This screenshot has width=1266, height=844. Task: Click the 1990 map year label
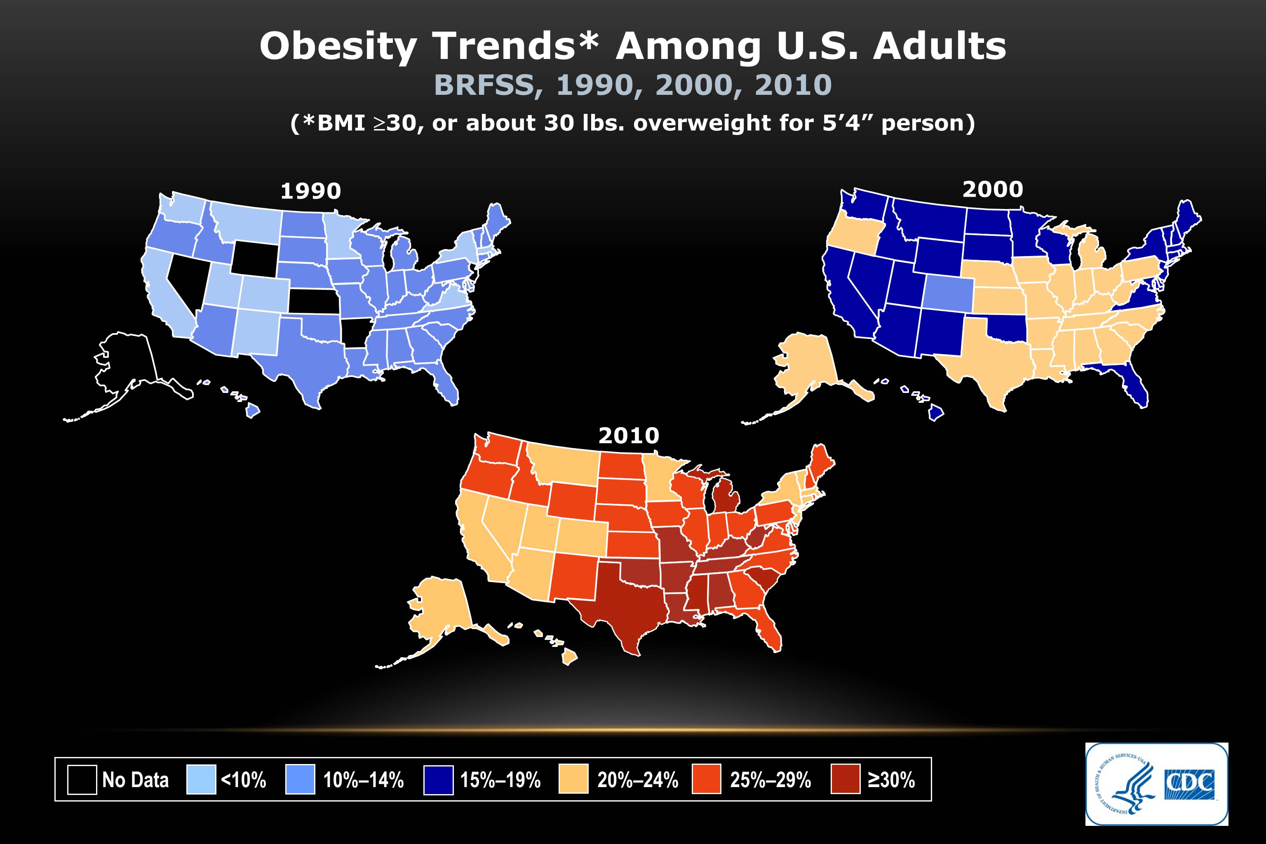click(311, 191)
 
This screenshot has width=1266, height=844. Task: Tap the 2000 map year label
click(993, 190)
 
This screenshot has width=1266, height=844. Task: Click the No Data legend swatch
click(82, 779)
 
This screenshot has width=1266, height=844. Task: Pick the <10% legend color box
click(201, 779)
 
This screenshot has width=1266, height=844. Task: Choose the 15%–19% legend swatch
click(439, 779)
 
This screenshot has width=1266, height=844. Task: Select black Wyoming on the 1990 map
click(255, 256)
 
